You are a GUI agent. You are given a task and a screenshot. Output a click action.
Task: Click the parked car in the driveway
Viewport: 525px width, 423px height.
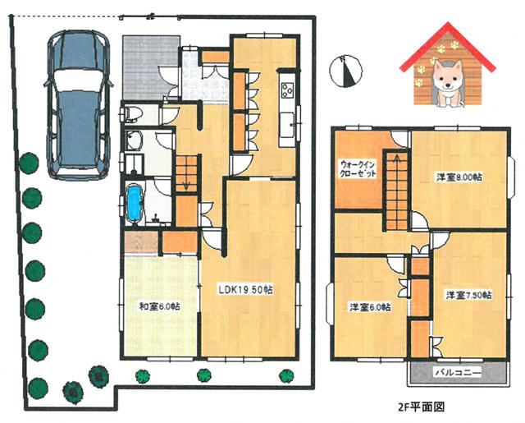[78, 105]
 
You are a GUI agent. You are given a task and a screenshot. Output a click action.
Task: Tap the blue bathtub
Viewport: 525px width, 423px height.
[135, 203]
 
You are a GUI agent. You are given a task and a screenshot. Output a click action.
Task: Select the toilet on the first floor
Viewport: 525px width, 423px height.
[130, 113]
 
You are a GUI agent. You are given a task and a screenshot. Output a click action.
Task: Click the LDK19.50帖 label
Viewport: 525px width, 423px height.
[246, 290]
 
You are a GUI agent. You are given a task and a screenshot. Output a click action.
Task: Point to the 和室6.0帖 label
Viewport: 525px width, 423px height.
[159, 306]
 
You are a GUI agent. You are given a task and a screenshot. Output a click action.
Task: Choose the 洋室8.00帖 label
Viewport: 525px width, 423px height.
[459, 177]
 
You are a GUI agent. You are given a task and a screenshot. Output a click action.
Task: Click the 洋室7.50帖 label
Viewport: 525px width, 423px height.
[468, 295]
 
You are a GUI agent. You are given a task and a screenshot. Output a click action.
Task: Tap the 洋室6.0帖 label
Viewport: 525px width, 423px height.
[370, 306]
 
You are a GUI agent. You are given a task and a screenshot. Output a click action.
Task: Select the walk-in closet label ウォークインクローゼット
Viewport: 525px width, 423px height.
[358, 169]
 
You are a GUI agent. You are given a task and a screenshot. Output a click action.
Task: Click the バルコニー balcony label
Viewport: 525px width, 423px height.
[458, 372]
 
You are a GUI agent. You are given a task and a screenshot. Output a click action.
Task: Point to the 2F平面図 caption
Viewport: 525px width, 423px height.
[421, 407]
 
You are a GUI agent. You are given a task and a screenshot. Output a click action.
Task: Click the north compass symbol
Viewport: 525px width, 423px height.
[346, 71]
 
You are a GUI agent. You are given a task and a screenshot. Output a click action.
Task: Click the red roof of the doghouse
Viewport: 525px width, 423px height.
[447, 47]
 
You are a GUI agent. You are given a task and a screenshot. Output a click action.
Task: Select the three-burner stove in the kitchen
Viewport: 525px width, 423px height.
[288, 90]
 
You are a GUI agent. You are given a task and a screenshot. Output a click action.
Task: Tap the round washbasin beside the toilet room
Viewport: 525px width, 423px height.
[134, 140]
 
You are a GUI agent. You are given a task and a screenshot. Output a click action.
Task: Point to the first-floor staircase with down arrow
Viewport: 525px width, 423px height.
[186, 174]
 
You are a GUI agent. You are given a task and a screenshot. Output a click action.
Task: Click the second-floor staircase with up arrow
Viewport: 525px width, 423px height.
[397, 191]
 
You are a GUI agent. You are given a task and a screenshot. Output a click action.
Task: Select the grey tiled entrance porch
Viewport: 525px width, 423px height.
[151, 67]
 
